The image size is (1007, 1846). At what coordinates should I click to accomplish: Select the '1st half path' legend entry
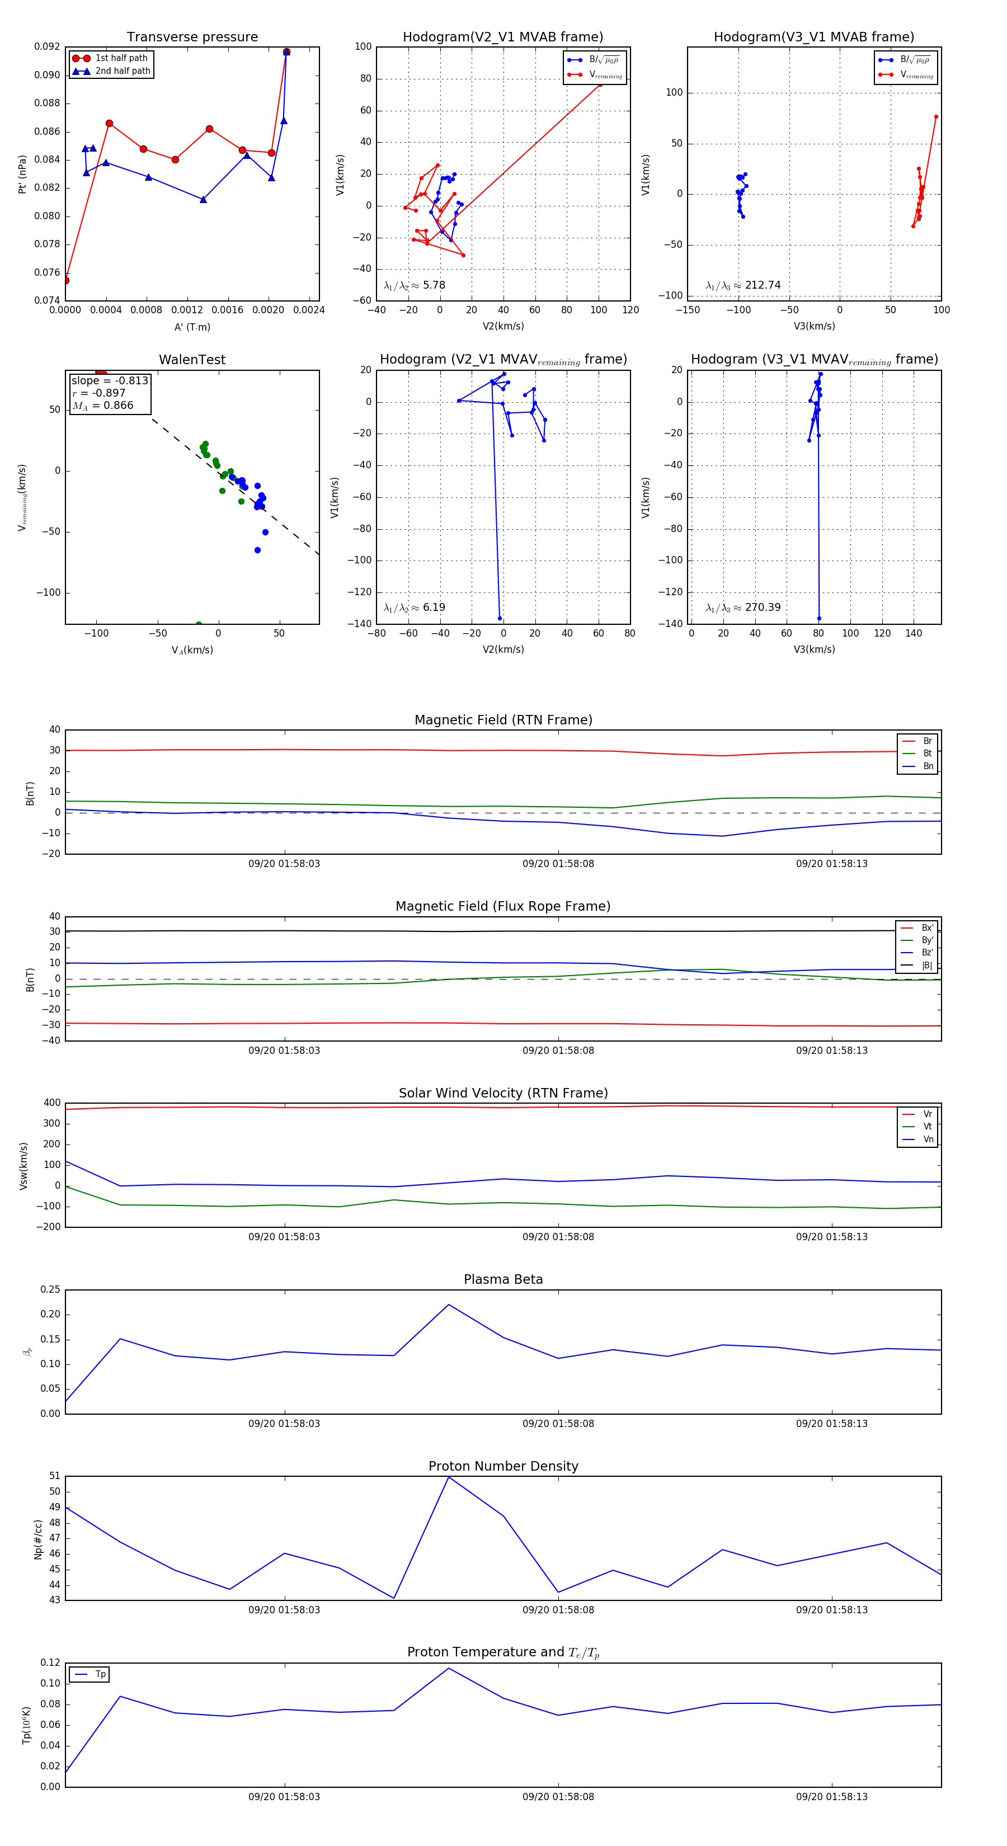(x=120, y=58)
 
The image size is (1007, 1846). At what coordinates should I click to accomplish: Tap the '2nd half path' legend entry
(x=122, y=71)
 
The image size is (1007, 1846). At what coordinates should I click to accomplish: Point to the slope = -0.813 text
(x=110, y=380)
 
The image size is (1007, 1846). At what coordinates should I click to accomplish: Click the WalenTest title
(x=192, y=360)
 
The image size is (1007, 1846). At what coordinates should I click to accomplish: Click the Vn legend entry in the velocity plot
(x=928, y=1139)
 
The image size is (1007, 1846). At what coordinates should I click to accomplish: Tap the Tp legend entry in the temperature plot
(x=100, y=1674)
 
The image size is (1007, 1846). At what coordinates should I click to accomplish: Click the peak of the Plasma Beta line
(x=449, y=1305)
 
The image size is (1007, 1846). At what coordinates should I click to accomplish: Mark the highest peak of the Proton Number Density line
(x=449, y=1477)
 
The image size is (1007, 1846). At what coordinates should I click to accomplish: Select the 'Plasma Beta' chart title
(x=503, y=1279)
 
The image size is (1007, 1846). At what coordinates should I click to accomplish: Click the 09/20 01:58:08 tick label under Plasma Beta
(x=558, y=1423)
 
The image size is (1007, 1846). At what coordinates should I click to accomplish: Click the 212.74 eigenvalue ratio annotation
(x=762, y=285)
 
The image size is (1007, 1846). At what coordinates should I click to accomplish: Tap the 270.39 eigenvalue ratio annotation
(x=762, y=608)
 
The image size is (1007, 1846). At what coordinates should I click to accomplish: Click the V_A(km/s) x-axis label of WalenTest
(x=192, y=650)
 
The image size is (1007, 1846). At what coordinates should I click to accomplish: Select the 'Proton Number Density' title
(x=503, y=1466)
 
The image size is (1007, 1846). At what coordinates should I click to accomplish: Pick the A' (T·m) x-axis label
(x=192, y=327)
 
